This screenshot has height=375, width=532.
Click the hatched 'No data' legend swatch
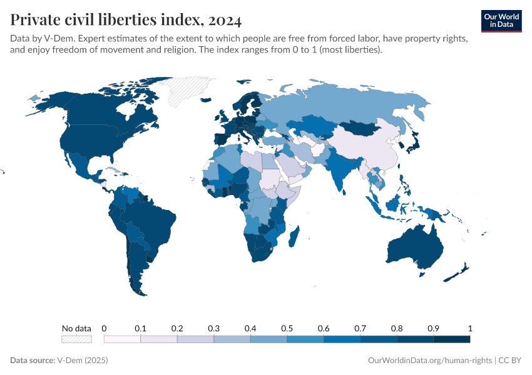click(x=76, y=339)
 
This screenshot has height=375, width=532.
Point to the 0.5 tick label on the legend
click(x=287, y=328)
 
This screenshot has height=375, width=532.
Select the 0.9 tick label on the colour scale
click(x=433, y=328)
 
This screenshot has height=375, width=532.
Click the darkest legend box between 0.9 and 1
click(x=451, y=339)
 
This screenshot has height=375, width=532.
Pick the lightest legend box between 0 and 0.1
click(x=122, y=339)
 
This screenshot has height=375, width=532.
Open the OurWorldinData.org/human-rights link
click(x=429, y=361)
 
